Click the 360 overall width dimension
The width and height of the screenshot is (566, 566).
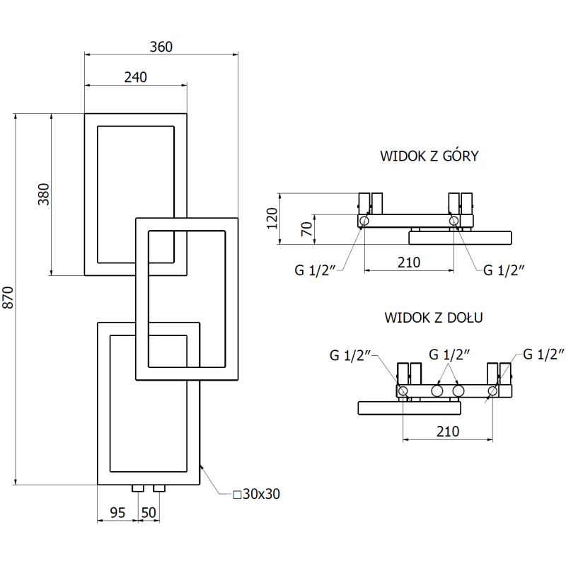161,47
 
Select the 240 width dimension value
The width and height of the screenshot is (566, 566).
135,78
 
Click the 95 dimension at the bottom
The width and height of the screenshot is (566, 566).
117,512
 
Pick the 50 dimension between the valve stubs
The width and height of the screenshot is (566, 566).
149,512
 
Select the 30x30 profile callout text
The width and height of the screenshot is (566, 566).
257,494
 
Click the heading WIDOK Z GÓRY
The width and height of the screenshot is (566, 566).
429,156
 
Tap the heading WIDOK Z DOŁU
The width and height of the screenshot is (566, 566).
433,317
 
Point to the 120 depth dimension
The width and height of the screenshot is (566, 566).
272,220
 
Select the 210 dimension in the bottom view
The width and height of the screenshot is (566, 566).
447,431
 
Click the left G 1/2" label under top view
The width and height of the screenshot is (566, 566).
315,269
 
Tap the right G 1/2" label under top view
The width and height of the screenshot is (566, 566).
504,269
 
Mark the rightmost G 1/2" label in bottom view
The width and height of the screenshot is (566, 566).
544,354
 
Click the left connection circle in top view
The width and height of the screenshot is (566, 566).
364,221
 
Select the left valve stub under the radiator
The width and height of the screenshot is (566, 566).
139,488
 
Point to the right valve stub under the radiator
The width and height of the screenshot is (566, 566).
159,488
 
